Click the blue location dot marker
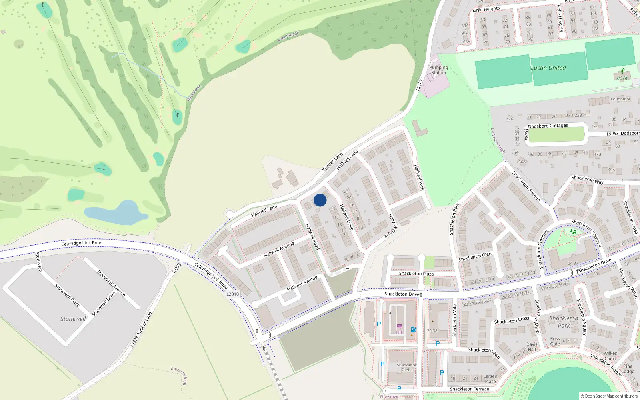tap(320, 200)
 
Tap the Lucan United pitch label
tap(548, 68)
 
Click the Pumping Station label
tap(438, 70)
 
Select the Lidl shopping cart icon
tap(399, 326)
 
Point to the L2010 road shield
tap(232, 294)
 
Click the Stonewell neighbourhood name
tap(73, 319)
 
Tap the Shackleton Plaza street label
tap(416, 274)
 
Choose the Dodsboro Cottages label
tap(548, 126)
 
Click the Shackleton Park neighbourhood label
tap(564, 322)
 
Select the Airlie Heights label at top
tap(486, 9)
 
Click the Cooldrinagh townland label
tap(288, 36)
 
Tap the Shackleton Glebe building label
tap(407, 367)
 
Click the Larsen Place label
tap(490, 379)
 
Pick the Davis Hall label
tap(532, 347)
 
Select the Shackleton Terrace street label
tap(469, 389)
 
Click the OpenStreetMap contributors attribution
tap(609, 396)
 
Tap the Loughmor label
tap(620, 99)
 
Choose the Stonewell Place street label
tap(67, 295)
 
